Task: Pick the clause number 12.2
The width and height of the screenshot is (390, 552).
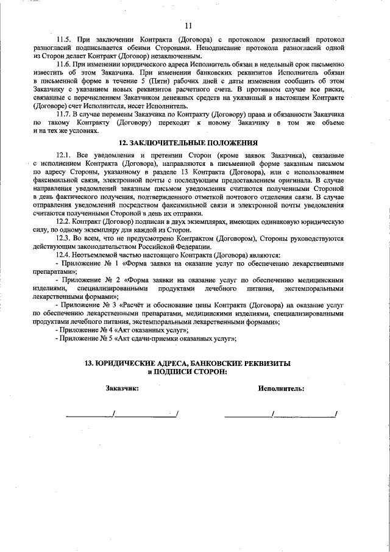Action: (64, 224)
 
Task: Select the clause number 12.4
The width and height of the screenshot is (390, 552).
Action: (64, 254)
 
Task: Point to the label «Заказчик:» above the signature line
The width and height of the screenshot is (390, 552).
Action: (122, 388)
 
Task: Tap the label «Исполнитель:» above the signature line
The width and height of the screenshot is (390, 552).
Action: (282, 388)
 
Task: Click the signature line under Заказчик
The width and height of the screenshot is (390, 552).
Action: (121, 416)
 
